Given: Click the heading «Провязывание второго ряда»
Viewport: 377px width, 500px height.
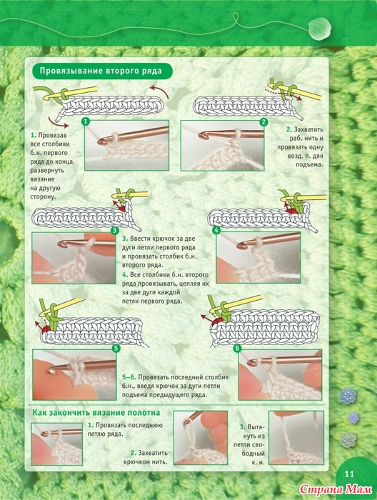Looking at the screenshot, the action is click(101, 71).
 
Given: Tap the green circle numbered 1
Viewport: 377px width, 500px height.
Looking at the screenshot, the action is click(85, 121).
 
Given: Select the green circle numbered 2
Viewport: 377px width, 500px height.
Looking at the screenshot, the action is click(263, 122).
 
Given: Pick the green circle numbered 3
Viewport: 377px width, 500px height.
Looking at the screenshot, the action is click(115, 231).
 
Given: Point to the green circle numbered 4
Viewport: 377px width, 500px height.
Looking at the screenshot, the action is click(217, 230).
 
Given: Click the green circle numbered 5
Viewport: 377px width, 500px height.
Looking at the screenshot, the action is click(116, 349).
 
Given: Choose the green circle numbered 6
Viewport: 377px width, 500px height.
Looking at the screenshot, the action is click(237, 349).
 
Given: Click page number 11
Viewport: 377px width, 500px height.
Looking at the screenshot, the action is click(350, 474).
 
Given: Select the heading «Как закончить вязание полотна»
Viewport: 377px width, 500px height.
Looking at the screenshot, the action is click(96, 413).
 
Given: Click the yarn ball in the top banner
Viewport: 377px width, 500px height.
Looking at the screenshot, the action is click(320, 29).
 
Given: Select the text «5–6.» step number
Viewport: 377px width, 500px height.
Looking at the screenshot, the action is click(129, 377).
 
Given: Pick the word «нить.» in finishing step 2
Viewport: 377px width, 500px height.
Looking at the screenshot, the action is click(159, 461).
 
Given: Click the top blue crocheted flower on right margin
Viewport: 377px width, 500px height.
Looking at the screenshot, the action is click(346, 396).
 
